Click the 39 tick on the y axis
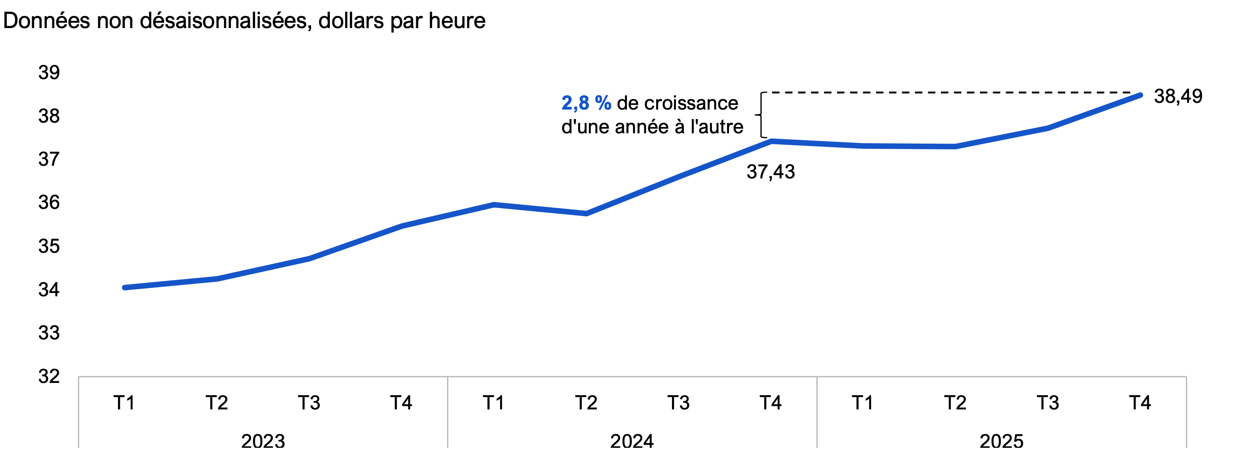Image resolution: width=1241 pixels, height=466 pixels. pyautogui.click(x=49, y=73)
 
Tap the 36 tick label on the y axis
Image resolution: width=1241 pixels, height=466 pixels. pyautogui.click(x=49, y=203)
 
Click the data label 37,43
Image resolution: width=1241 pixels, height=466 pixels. pyautogui.click(x=770, y=172)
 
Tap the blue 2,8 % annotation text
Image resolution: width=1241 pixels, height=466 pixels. pyautogui.click(x=586, y=103)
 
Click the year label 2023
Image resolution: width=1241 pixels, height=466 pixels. pyautogui.click(x=263, y=441)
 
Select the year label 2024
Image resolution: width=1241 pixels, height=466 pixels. pyautogui.click(x=632, y=441)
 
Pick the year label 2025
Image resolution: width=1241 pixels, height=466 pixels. pyautogui.click(x=1001, y=441)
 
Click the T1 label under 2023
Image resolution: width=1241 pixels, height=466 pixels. pyautogui.click(x=124, y=402)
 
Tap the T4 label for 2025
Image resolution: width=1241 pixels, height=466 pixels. pyautogui.click(x=1140, y=402)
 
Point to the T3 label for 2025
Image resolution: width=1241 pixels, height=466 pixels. pyautogui.click(x=1048, y=402)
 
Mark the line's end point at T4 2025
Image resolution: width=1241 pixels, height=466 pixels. pyautogui.click(x=1140, y=95)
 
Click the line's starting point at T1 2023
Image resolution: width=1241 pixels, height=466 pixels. pyautogui.click(x=125, y=288)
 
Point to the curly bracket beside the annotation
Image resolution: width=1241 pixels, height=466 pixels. pyautogui.click(x=760, y=115)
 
